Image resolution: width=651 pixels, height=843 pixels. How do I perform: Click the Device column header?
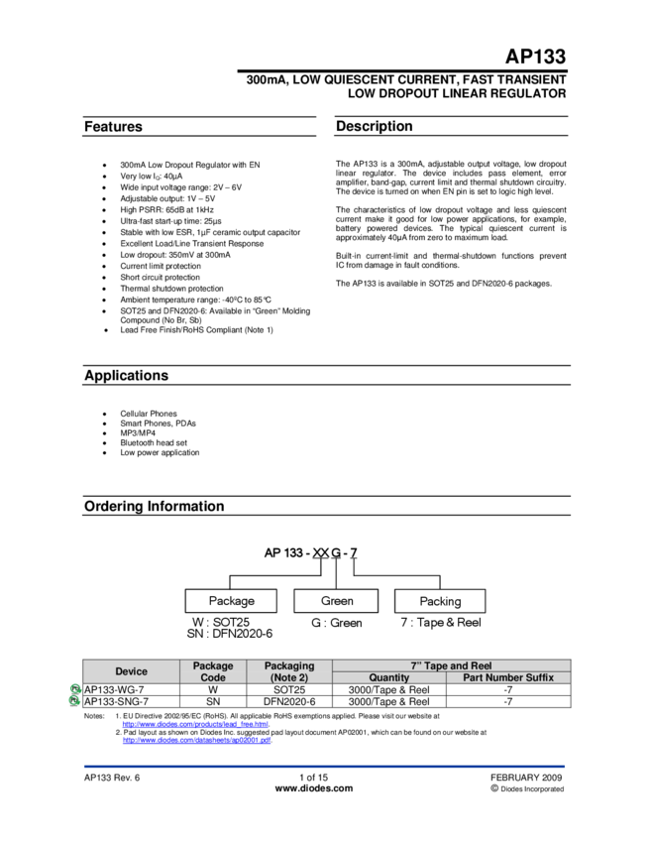[x=131, y=671]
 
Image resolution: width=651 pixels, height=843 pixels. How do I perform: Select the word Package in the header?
[x=213, y=665]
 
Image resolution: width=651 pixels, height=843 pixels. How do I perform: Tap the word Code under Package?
[x=213, y=677]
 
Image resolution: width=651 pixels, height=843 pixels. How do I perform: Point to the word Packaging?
[x=289, y=665]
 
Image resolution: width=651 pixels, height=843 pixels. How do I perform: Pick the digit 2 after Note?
[x=301, y=677]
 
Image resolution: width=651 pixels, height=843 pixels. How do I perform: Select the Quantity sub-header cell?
[x=388, y=677]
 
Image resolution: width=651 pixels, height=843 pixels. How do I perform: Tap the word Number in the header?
[x=507, y=677]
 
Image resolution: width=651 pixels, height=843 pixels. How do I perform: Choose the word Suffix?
[x=541, y=677]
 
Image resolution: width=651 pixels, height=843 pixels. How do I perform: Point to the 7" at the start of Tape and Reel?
[x=416, y=665]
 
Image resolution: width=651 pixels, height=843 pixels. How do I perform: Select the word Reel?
[x=481, y=665]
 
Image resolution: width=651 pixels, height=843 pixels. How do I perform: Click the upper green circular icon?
[x=74, y=688]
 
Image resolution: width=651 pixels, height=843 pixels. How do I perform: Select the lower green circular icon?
[x=74, y=700]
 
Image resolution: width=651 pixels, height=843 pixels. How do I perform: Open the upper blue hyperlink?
[x=195, y=724]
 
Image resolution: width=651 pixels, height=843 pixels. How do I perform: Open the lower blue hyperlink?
[x=196, y=740]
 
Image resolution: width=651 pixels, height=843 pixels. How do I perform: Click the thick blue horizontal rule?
[x=324, y=766]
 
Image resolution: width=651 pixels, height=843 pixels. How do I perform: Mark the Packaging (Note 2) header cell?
[x=289, y=671]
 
